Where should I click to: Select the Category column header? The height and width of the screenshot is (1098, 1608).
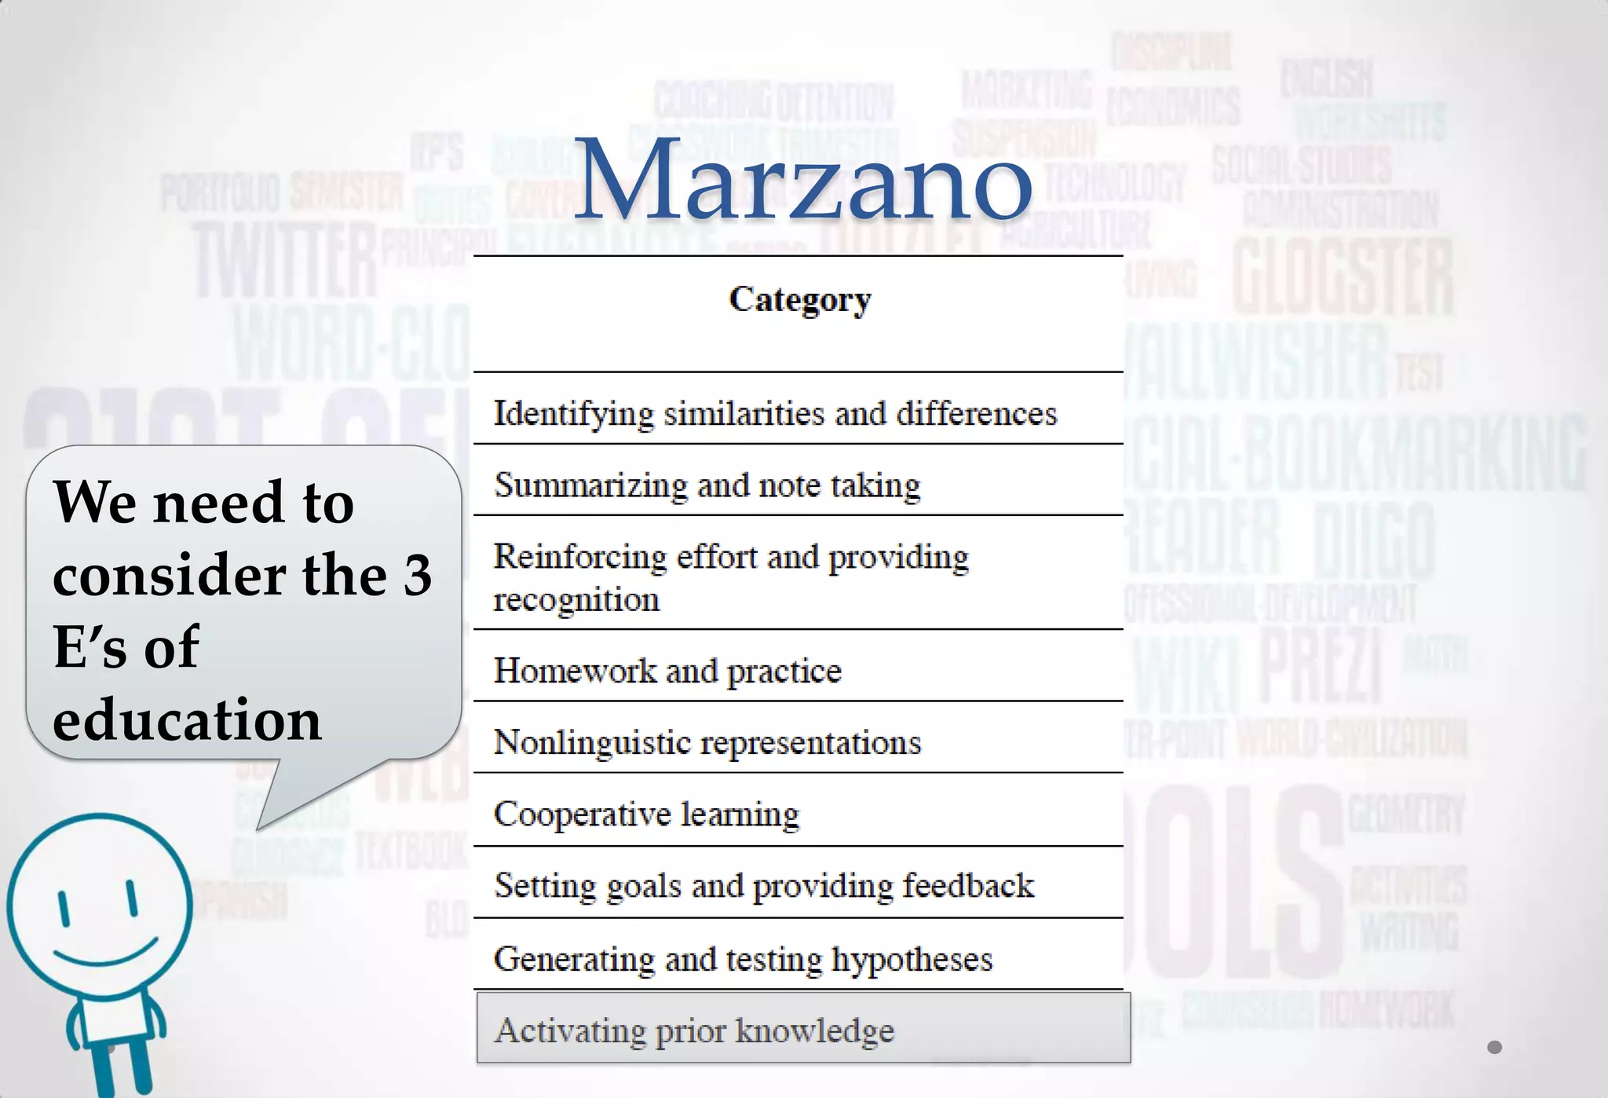(x=799, y=300)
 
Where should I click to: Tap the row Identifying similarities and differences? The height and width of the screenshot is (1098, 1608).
(x=775, y=414)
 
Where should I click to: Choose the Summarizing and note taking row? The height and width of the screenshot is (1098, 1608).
(x=707, y=485)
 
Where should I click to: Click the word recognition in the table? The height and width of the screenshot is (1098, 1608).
(x=576, y=600)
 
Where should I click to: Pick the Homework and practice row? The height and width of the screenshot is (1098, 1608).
(x=667, y=671)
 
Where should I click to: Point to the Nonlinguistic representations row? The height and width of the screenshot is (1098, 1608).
(x=707, y=743)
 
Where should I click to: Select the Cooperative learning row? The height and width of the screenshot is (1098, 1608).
(x=646, y=814)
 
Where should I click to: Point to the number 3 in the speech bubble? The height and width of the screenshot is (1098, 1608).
(x=417, y=575)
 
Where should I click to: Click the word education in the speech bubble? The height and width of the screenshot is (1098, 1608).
(x=187, y=719)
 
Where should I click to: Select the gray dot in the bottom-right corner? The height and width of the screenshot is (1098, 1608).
(x=1494, y=1047)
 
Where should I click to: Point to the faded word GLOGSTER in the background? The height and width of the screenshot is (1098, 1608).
(x=1343, y=277)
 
